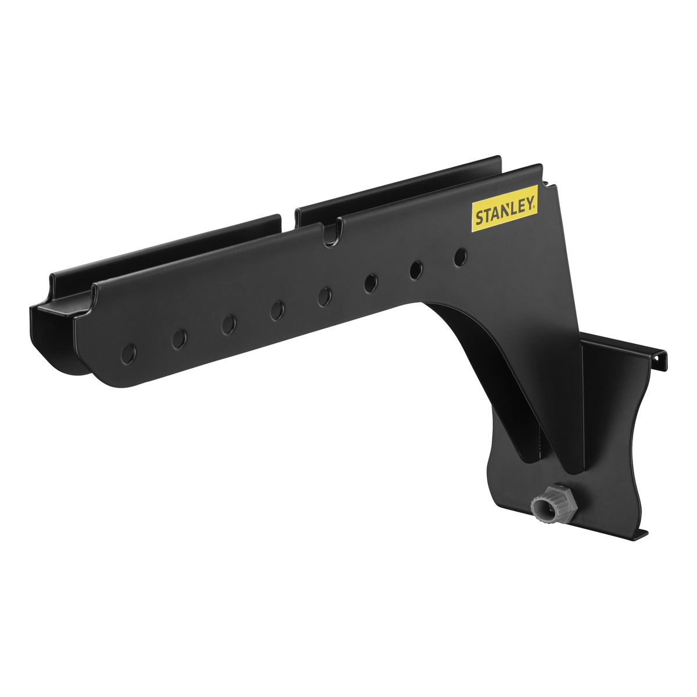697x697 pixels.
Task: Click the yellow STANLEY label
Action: coord(505,209)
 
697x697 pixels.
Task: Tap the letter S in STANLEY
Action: coord(479,218)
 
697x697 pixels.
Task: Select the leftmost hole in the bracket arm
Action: coord(128,354)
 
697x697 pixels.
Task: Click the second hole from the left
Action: coord(179,339)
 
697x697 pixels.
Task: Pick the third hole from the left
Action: coord(229,325)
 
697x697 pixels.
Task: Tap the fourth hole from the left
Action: coord(277,310)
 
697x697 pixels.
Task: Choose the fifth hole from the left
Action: coord(325,297)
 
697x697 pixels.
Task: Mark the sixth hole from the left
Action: coord(371,283)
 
